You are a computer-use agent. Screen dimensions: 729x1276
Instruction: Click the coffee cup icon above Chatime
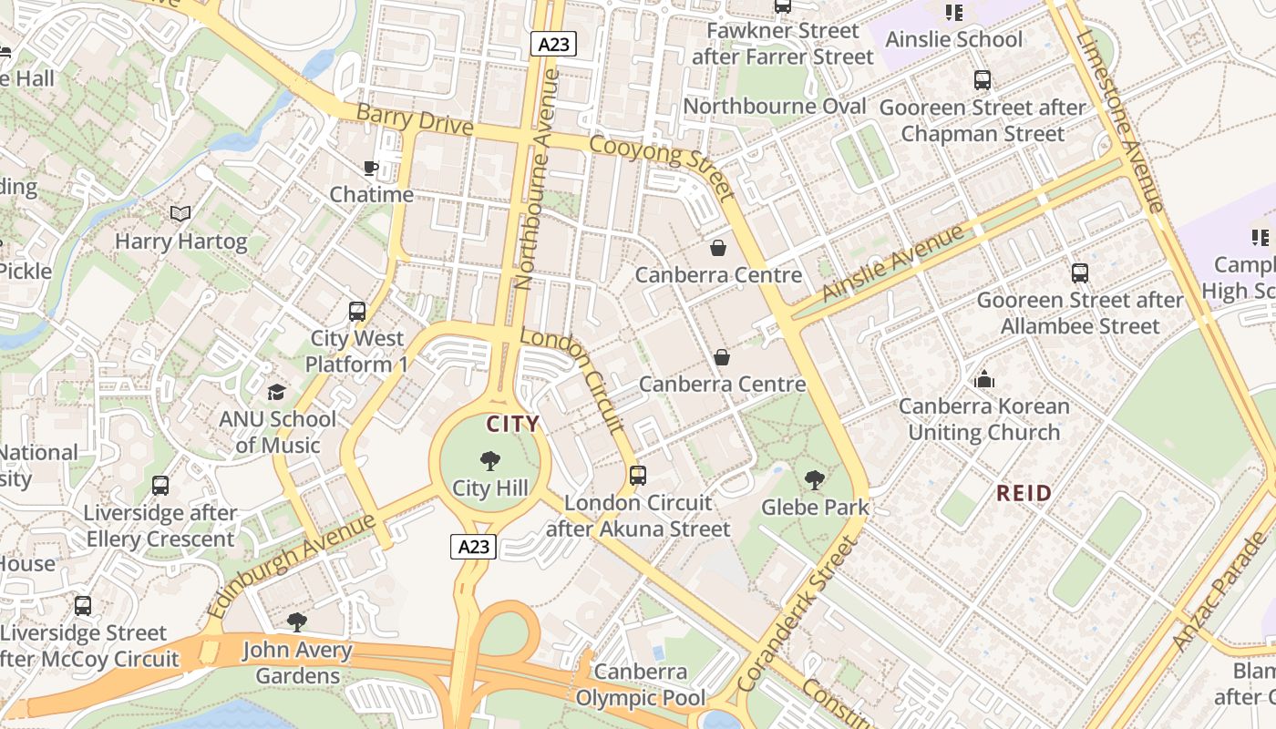coord(370,168)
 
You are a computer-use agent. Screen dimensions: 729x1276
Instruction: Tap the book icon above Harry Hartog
coord(180,214)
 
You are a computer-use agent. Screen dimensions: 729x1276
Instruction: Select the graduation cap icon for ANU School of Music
coord(276,392)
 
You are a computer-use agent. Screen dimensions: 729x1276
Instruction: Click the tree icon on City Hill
coord(489,461)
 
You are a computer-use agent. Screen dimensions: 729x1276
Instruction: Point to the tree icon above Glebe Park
coord(815,479)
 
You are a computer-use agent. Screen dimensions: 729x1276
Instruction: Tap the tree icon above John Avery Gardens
coord(296,623)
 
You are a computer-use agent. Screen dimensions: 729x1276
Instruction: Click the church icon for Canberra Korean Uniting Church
coord(984,379)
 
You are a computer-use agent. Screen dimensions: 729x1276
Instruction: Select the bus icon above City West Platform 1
coord(357,312)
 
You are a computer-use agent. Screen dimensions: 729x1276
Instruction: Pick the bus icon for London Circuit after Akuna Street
coord(638,476)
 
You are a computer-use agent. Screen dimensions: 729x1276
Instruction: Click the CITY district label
coord(512,424)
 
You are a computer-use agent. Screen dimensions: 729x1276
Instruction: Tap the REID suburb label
coord(1024,494)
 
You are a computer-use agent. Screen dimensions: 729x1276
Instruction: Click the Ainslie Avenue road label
coord(892,263)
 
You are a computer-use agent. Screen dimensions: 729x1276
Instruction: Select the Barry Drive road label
coord(415,120)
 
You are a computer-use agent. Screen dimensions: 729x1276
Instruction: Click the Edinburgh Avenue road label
coord(292,566)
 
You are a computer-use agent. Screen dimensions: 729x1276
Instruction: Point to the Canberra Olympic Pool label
coord(641,685)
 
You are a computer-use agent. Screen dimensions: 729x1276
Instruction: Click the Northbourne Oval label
coord(774,107)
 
